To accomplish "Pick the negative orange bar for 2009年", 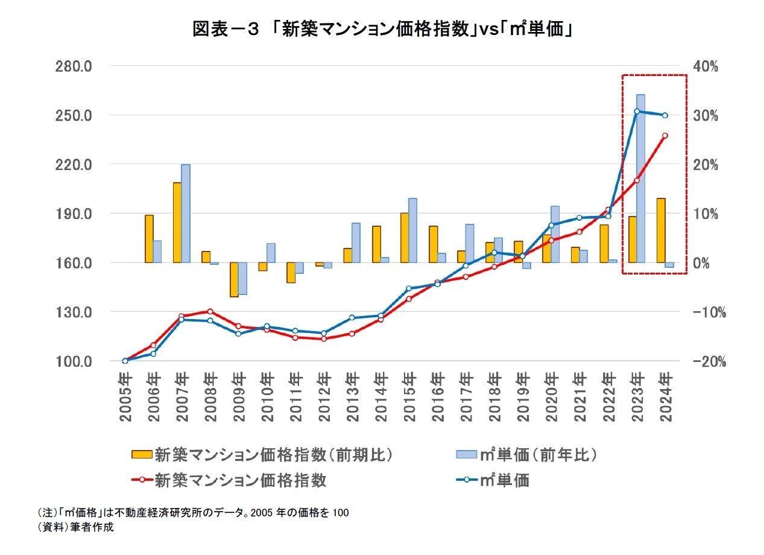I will tap(234, 279).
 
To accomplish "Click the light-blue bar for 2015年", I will tap(412, 230).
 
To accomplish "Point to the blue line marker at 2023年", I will tap(637, 111).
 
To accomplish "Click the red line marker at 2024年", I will tap(665, 136).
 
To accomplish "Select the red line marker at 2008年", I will tap(210, 311).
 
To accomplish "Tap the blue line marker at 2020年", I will tap(551, 225).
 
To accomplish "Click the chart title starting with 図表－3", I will tap(382, 28).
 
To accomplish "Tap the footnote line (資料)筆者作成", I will tap(75, 527).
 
